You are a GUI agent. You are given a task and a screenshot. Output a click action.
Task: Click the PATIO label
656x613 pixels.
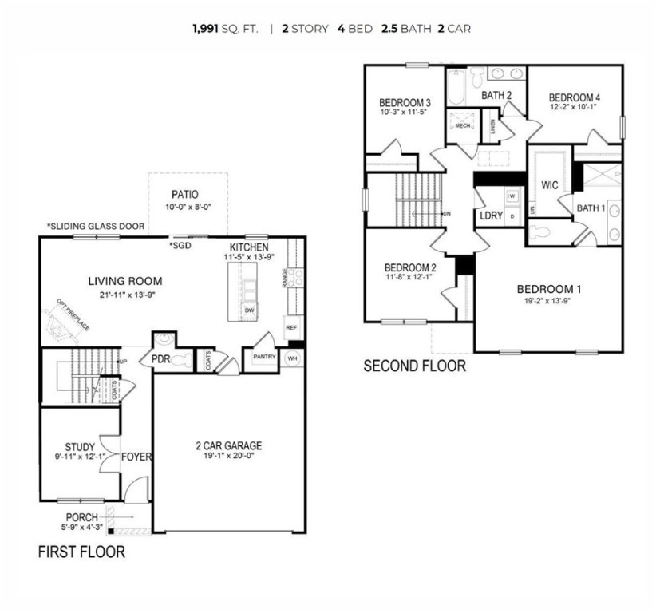pyautogui.click(x=184, y=194)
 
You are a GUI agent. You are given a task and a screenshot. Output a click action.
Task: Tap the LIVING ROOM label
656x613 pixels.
pyautogui.click(x=124, y=281)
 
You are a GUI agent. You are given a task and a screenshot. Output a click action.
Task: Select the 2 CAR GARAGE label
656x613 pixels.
pyautogui.click(x=229, y=445)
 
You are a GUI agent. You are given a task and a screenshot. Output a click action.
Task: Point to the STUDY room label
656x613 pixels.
pyautogui.click(x=80, y=447)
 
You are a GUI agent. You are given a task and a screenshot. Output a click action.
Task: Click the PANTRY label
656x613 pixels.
pyautogui.click(x=263, y=357)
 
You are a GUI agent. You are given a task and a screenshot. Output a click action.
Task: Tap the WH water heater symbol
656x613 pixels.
pyautogui.click(x=292, y=358)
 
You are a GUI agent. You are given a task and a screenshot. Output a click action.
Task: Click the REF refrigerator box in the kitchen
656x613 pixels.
pyautogui.click(x=290, y=327)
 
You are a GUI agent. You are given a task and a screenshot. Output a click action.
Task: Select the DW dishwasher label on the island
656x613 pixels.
pyautogui.click(x=249, y=310)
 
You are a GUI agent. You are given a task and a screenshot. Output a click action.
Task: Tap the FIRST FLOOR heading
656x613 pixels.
pyautogui.click(x=81, y=552)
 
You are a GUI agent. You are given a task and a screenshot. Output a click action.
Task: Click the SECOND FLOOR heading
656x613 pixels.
pyautogui.click(x=414, y=366)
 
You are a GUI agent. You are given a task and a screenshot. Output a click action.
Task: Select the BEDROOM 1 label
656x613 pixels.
pyautogui.click(x=548, y=289)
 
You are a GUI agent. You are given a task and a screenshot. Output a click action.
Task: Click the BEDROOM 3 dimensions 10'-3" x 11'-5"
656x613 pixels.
pyautogui.click(x=405, y=113)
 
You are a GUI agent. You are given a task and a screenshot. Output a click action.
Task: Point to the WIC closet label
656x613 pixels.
pyautogui.click(x=549, y=185)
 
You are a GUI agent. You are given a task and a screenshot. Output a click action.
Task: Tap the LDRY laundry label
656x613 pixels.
pyautogui.click(x=490, y=216)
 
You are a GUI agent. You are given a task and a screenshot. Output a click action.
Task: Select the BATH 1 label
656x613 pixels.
pyautogui.click(x=591, y=208)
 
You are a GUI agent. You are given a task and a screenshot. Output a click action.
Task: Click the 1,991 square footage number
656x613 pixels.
pyautogui.click(x=205, y=29)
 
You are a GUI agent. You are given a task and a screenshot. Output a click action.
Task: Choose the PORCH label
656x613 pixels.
pyautogui.click(x=82, y=516)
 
